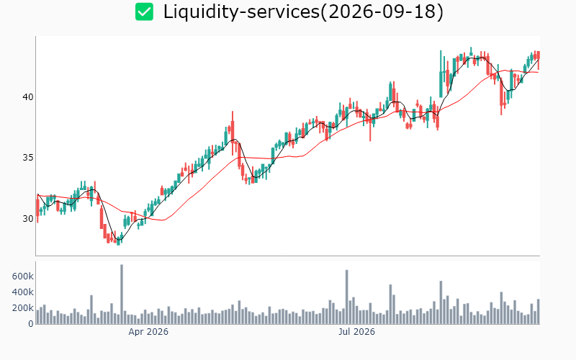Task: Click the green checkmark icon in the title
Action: pos(144,12)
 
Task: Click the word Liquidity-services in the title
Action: pos(241,12)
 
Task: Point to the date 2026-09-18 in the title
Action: pos(382,12)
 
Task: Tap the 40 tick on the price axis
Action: pos(28,97)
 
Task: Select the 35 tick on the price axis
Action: pos(28,158)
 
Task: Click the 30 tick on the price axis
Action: pos(28,219)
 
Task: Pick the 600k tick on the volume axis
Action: pos(23,276)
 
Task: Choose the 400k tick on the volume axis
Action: pos(23,292)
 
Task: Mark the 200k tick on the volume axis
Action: pos(23,308)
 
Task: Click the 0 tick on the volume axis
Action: pos(31,323)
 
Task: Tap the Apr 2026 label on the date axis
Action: pos(148,332)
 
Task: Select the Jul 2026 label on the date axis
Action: pos(356,332)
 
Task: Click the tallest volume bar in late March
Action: pos(122,294)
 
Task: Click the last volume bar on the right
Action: pos(539,312)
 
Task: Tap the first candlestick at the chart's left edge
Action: pos(37,210)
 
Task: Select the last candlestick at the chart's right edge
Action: pos(539,59)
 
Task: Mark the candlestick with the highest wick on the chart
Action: pos(472,52)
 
